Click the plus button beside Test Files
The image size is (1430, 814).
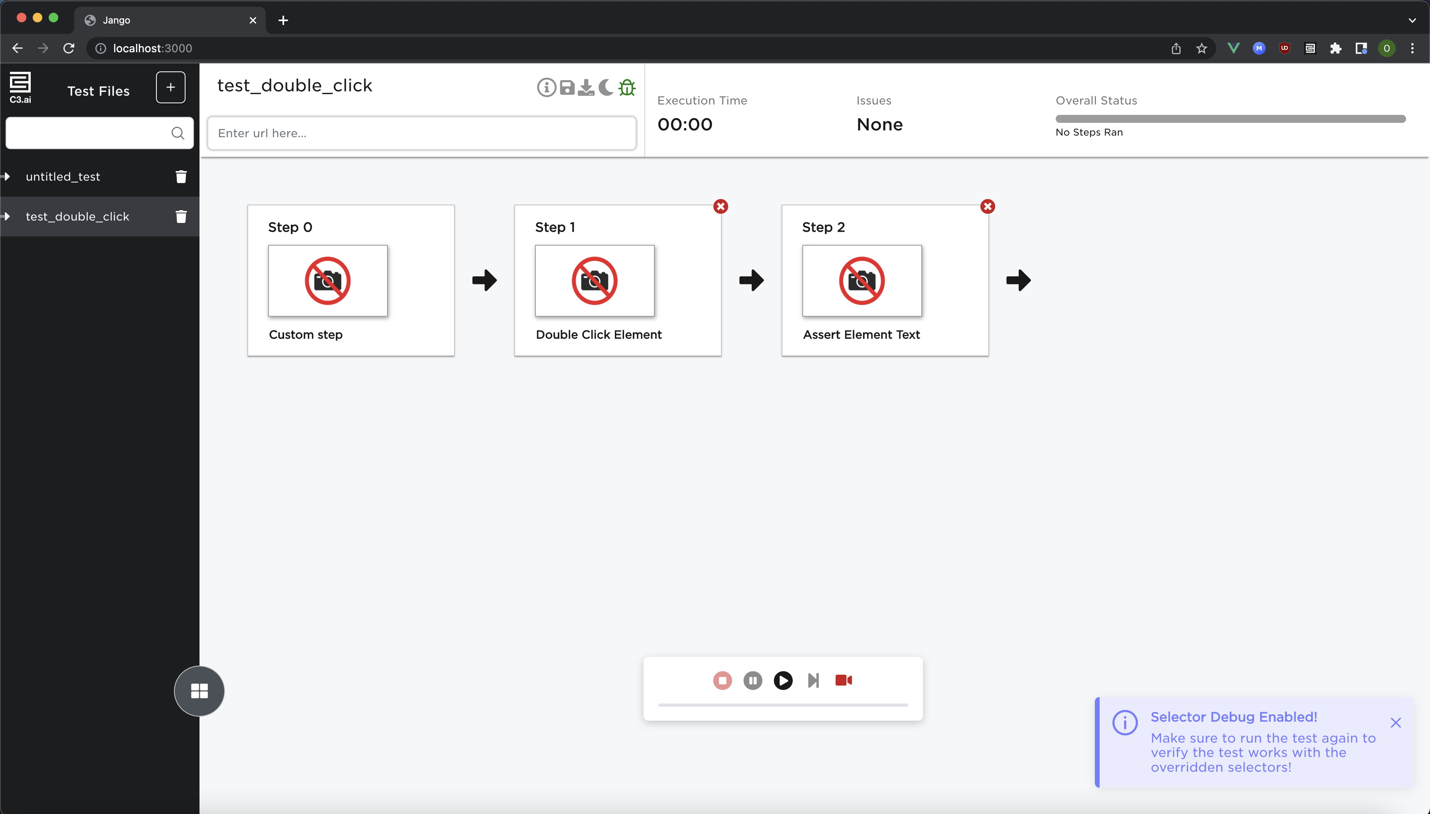tap(171, 87)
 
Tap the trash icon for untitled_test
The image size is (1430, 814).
tap(181, 177)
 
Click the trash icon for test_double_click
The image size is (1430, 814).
tap(181, 216)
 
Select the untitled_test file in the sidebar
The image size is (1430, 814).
tap(63, 177)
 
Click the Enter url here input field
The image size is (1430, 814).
tap(422, 133)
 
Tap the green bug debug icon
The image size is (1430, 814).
tap(627, 87)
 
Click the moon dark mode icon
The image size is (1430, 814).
tap(606, 87)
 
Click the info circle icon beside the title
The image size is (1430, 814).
tap(546, 87)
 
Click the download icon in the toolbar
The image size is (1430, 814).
tap(586, 87)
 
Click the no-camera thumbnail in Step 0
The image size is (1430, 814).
tap(328, 281)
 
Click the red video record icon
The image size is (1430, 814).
tap(843, 680)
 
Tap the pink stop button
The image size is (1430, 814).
tap(722, 680)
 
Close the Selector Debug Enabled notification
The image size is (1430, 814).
tap(1395, 723)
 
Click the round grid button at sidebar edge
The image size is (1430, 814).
tap(199, 691)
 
